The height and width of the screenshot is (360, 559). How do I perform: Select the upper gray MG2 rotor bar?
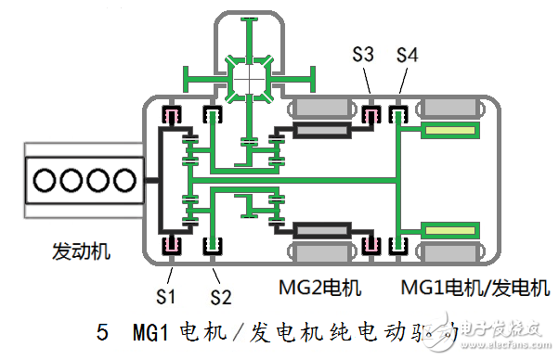[321, 132]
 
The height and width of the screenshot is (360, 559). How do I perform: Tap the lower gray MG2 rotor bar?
[321, 228]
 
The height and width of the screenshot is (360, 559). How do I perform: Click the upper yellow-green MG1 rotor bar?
[451, 132]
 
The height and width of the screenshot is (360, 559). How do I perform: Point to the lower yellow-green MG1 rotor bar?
[451, 228]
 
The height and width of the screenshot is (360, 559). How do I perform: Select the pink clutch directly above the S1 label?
[172, 245]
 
